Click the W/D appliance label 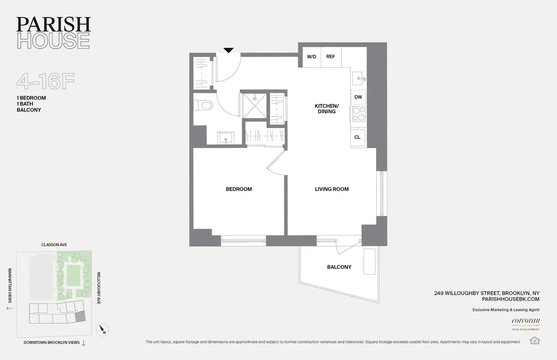[x=311, y=57]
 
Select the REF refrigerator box [x=330, y=57]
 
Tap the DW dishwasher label [x=358, y=97]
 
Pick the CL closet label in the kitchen [x=357, y=137]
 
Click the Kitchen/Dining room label [x=327, y=109]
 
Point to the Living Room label [x=331, y=189]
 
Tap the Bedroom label [x=239, y=189]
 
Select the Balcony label [x=339, y=267]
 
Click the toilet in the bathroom [x=204, y=105]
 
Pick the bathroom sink [x=227, y=138]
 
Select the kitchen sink [x=358, y=79]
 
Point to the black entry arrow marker [x=228, y=50]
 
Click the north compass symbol [x=103, y=330]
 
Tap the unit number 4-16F [x=45, y=82]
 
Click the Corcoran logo [x=525, y=321]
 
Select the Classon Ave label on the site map [x=54, y=244]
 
